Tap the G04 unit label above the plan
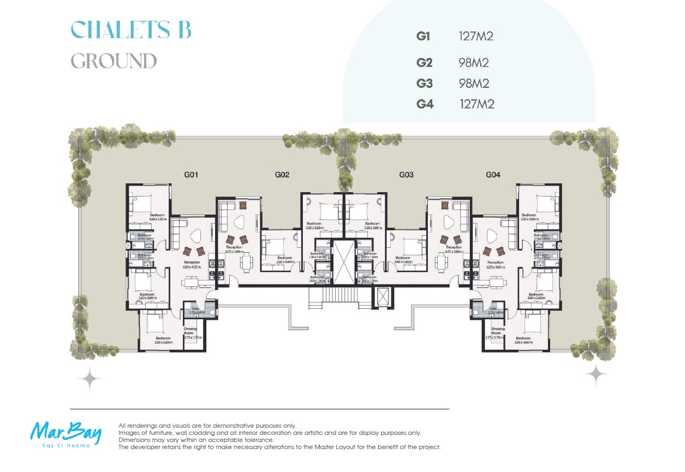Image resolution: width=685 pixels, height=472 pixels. click(493, 175)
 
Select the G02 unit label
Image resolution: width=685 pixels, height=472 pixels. click(282, 175)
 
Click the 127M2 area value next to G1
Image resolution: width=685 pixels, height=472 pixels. click(476, 37)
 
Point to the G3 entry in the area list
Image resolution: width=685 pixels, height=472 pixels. click(425, 83)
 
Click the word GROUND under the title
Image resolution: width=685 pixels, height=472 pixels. click(114, 61)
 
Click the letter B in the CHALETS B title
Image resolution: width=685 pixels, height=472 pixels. click(183, 30)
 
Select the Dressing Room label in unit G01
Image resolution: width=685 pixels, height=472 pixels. click(190, 331)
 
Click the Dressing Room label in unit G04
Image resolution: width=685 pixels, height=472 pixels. click(498, 331)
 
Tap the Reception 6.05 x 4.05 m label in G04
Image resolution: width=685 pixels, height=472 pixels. click(496, 265)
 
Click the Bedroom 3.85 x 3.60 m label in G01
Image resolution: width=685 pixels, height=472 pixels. click(163, 340)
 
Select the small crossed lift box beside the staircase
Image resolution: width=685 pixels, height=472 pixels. click(382, 298)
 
